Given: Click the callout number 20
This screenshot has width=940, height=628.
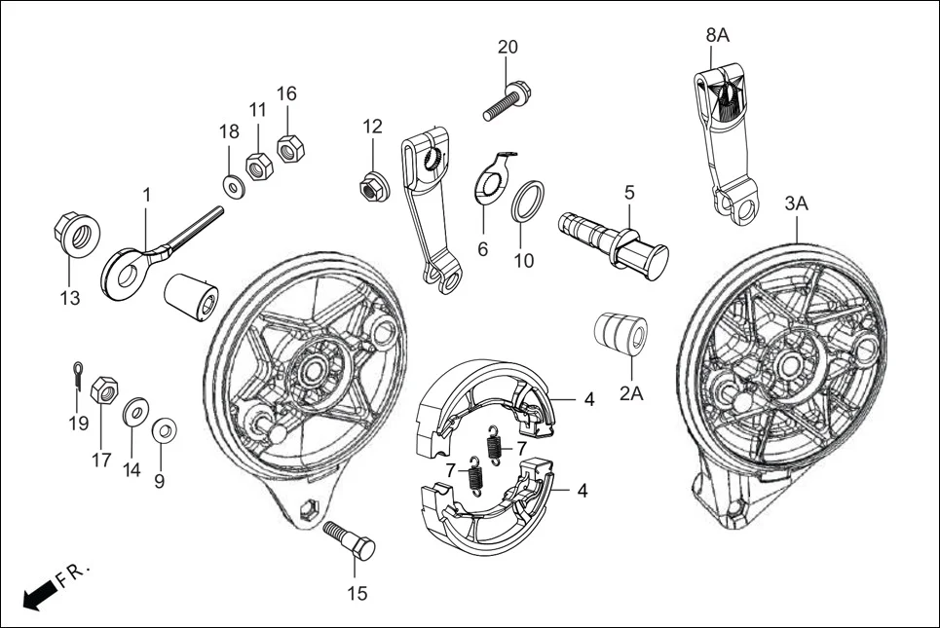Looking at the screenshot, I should tap(508, 47).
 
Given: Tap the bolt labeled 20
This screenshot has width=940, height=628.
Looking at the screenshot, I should tap(506, 102).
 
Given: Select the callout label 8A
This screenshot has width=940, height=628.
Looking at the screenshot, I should tap(717, 35).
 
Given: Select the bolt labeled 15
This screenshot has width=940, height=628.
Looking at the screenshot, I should tap(350, 541).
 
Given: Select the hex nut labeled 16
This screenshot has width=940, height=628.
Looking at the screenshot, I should tap(288, 149).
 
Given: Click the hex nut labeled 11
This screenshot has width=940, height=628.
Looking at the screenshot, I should tap(258, 166).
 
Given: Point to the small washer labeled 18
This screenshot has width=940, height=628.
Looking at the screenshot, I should tap(233, 184).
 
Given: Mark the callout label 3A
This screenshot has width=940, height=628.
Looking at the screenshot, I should tap(797, 203).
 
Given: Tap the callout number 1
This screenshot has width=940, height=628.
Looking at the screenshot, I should tap(146, 195).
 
